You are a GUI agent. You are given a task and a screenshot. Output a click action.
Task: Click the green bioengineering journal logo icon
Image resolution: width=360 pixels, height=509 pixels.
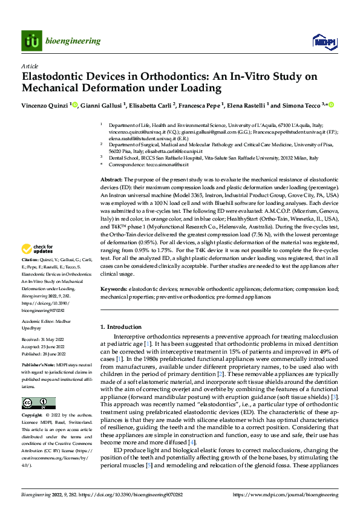point(31,41)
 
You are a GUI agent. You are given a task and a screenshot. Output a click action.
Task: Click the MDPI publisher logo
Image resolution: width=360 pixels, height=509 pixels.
point(322,41)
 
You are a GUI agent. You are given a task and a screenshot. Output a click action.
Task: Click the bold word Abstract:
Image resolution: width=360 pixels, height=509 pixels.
point(111,180)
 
